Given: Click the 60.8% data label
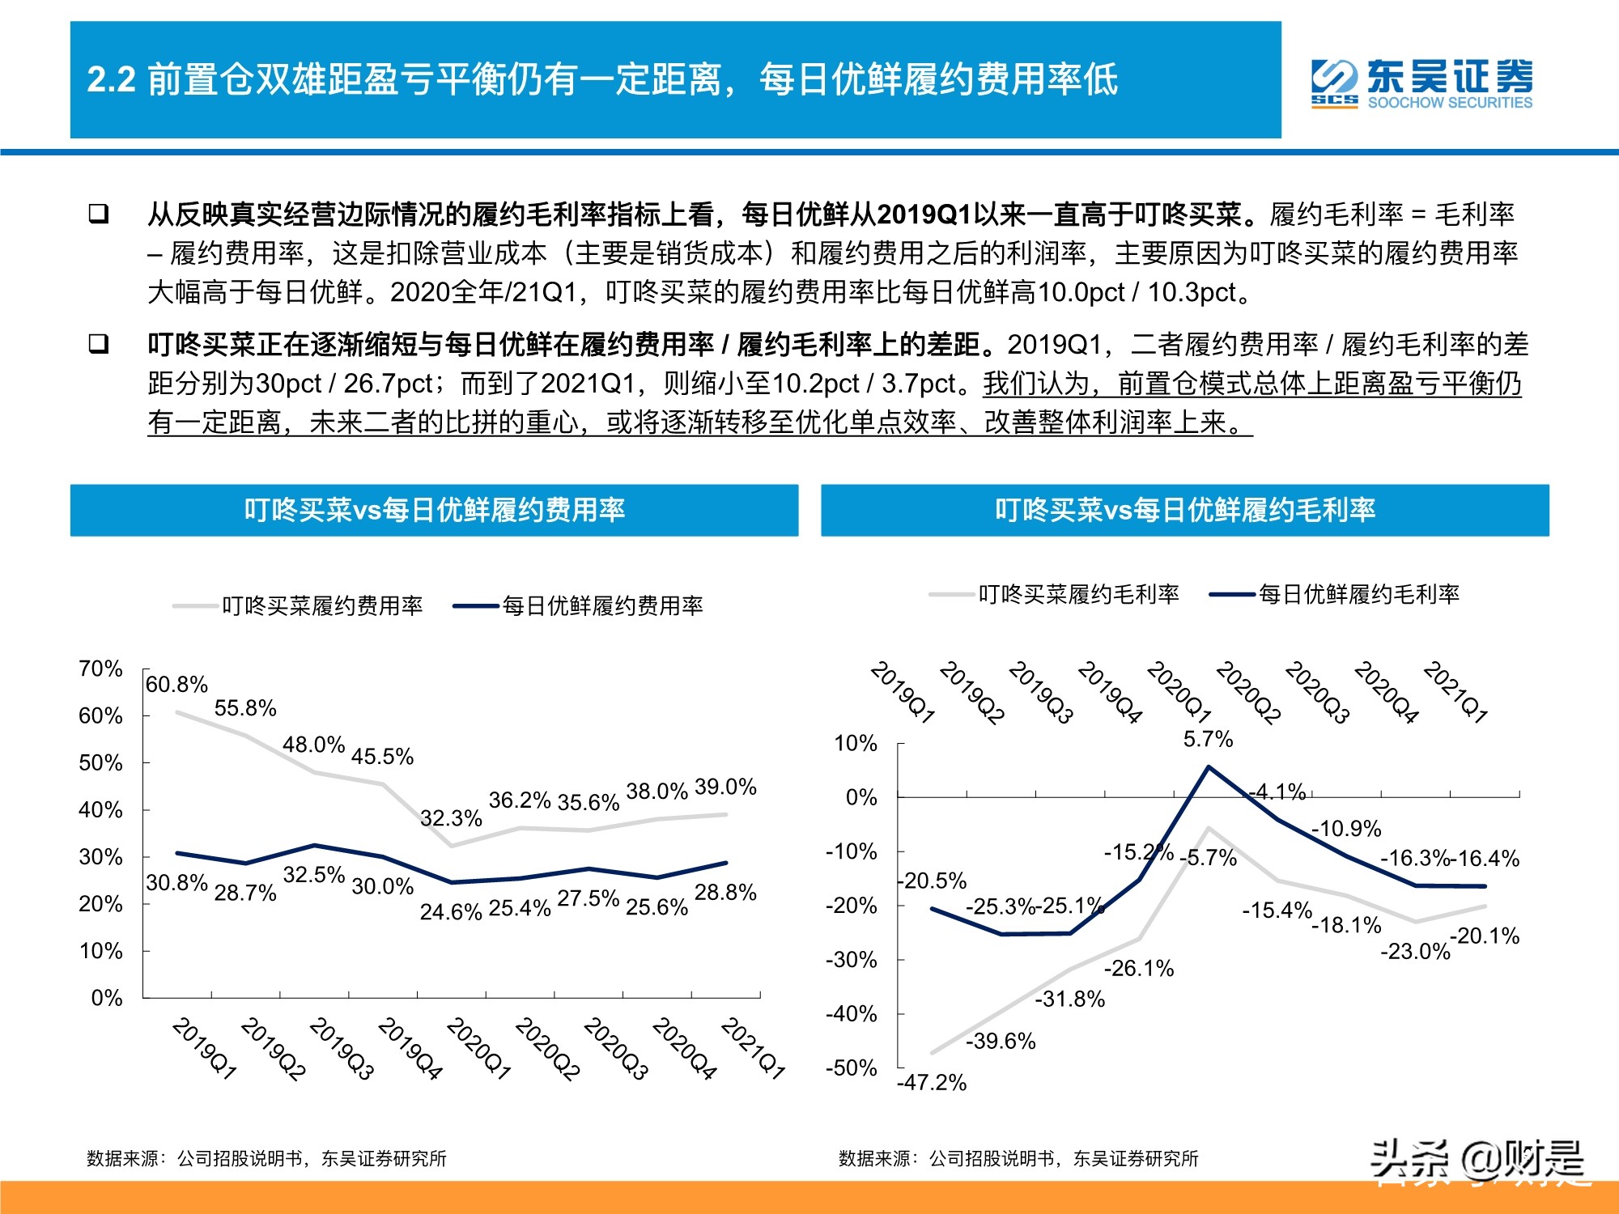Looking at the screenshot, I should [176, 685].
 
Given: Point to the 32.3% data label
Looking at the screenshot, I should [451, 818].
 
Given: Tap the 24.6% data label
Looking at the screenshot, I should [451, 912].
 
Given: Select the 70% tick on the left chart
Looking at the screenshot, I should [100, 669].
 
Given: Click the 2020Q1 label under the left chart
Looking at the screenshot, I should [478, 1049].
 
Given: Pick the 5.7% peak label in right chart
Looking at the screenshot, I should [1208, 739].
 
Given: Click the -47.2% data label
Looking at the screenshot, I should [932, 1082].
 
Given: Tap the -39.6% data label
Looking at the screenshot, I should [1001, 1041].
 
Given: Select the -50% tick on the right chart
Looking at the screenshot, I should [852, 1068].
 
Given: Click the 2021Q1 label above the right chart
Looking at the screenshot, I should [1455, 692].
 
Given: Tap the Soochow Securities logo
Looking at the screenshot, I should [1421, 83].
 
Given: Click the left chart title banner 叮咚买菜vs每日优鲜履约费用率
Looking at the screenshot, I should [435, 510].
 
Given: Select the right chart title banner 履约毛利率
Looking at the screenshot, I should [1185, 510].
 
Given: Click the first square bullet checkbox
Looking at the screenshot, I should [99, 214].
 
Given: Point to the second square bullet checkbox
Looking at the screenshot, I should [99, 345].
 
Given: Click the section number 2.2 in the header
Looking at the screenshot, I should [111, 80].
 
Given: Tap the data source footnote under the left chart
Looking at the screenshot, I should [267, 1159].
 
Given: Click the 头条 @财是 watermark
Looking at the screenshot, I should [1478, 1161].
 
